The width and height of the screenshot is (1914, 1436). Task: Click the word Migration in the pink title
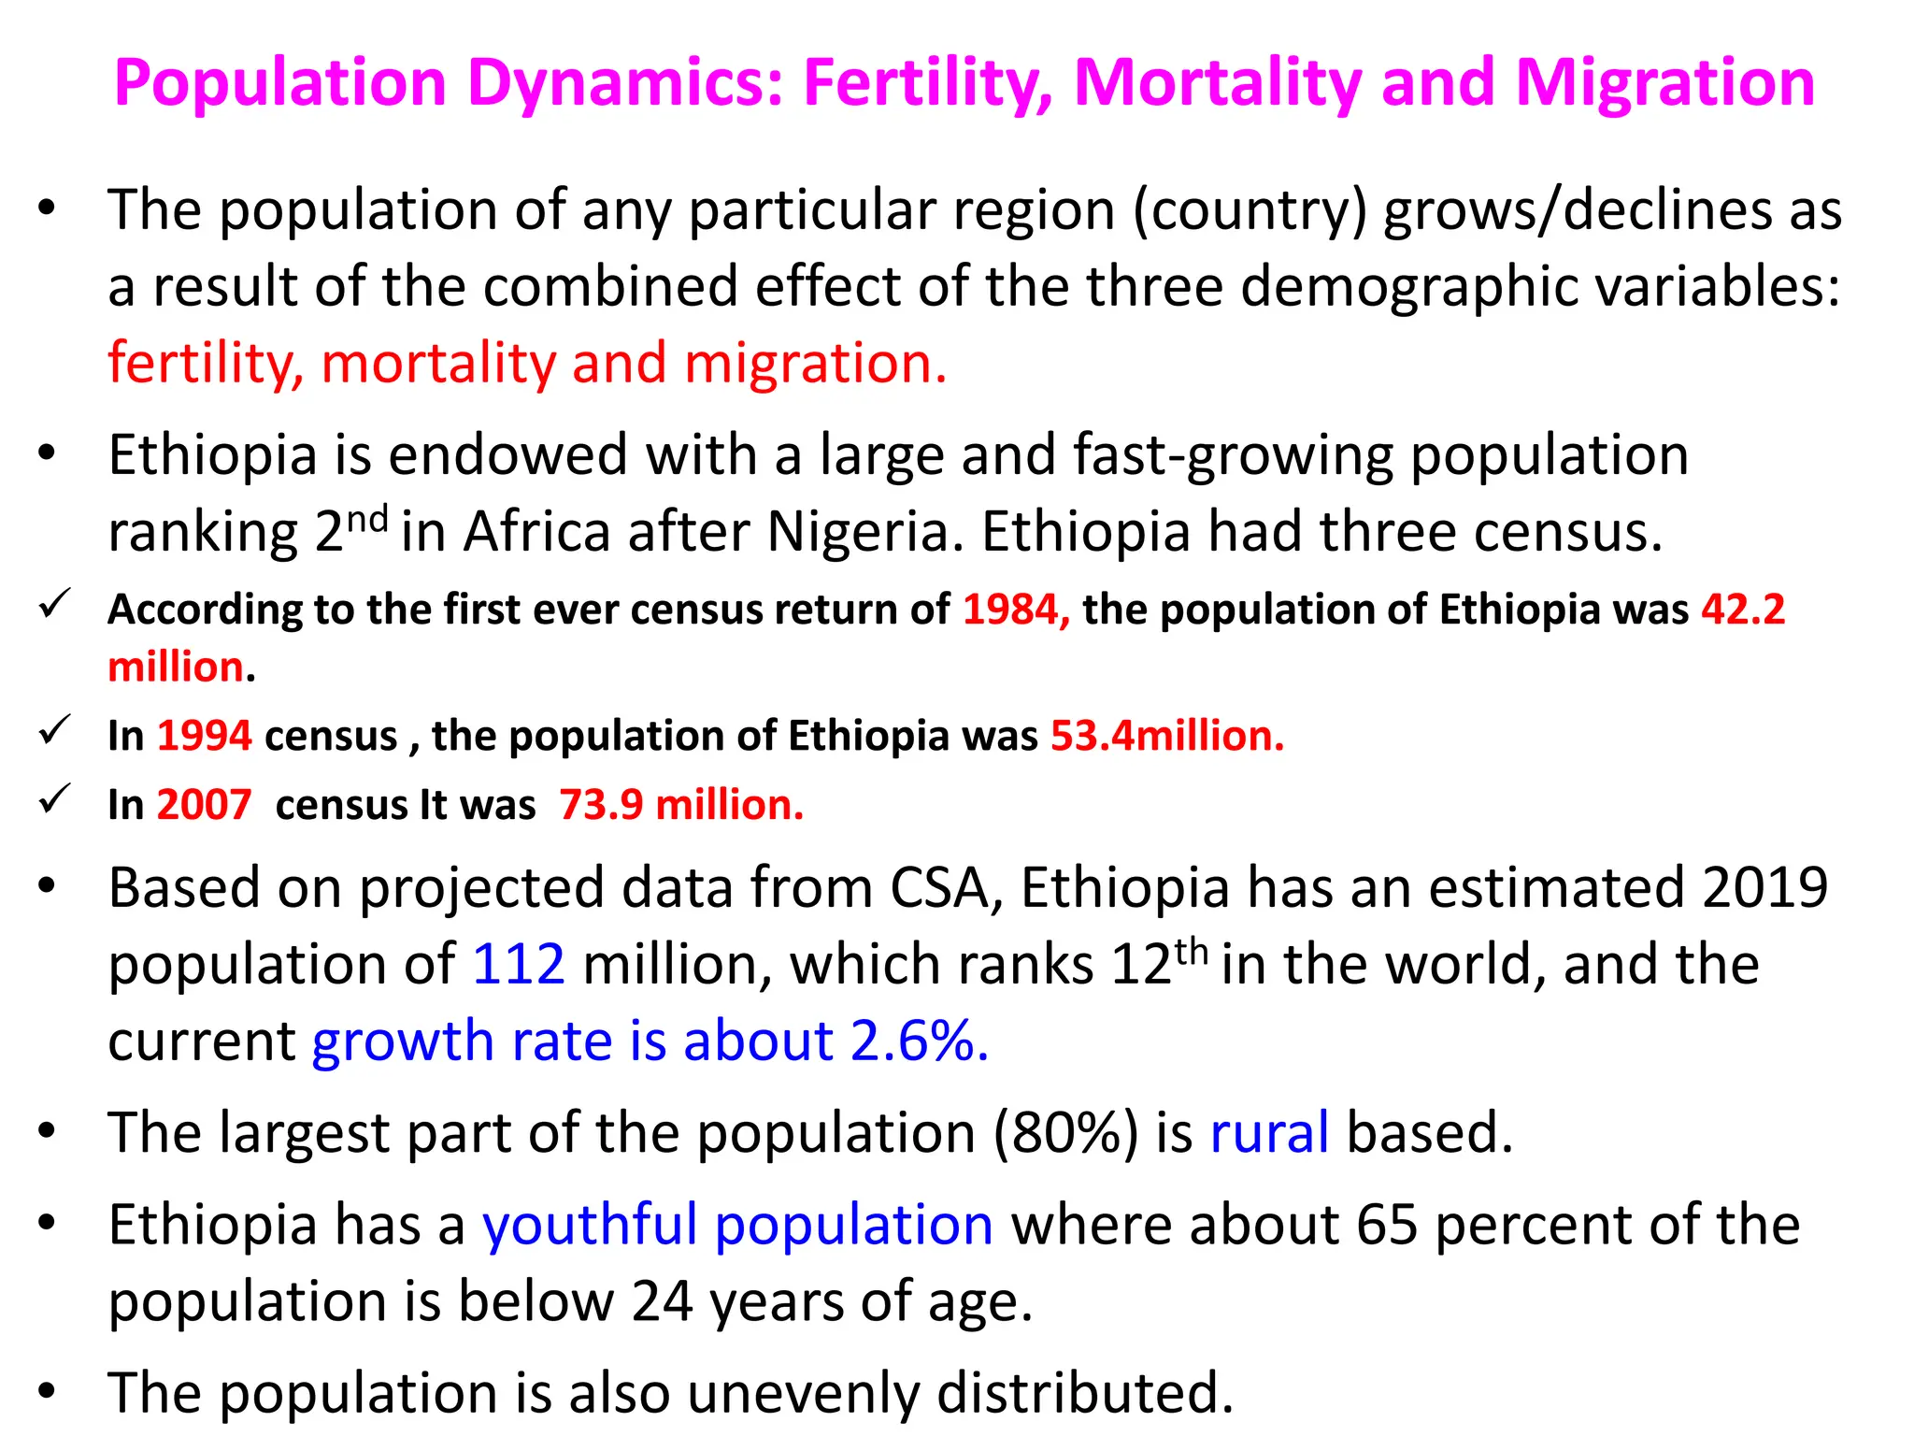(1664, 84)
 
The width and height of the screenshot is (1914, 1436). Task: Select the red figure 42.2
(1743, 610)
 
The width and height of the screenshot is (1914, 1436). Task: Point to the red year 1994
(204, 736)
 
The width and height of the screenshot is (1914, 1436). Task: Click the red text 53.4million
(1167, 736)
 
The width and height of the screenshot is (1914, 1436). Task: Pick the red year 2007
(204, 805)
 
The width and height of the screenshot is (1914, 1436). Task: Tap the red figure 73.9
(601, 805)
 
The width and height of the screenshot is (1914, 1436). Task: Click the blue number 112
(519, 964)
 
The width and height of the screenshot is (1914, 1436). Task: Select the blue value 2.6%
(919, 1041)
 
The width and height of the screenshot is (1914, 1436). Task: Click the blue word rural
(1269, 1132)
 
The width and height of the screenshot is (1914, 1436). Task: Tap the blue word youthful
(590, 1224)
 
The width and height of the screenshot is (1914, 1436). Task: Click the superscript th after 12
(1192, 951)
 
